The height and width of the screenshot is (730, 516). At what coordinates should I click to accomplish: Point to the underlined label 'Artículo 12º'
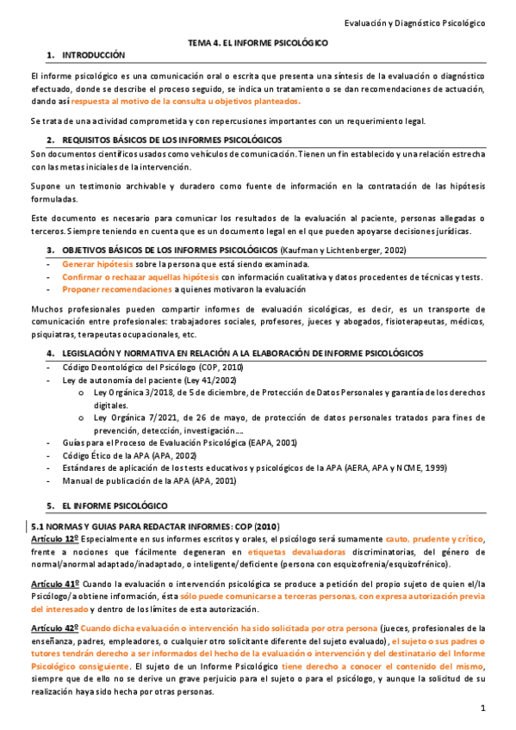click(54, 538)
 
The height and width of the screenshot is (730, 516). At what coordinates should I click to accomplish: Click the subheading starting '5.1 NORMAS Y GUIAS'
click(155, 525)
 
